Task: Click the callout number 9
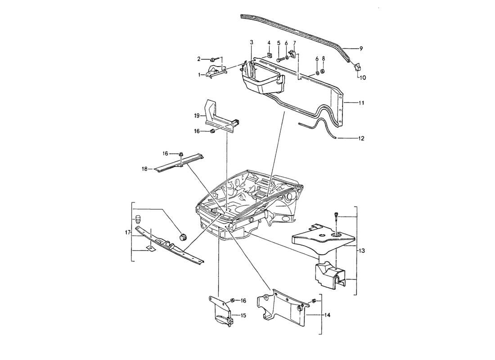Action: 360,48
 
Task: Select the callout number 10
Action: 362,77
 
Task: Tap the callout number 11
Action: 361,103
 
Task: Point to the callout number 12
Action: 361,138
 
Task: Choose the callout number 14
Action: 327,316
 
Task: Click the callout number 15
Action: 243,316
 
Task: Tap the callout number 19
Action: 197,116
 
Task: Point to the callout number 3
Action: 252,42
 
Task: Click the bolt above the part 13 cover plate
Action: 337,216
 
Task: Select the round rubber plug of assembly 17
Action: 183,237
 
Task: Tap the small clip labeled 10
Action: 358,67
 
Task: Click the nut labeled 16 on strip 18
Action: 180,155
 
